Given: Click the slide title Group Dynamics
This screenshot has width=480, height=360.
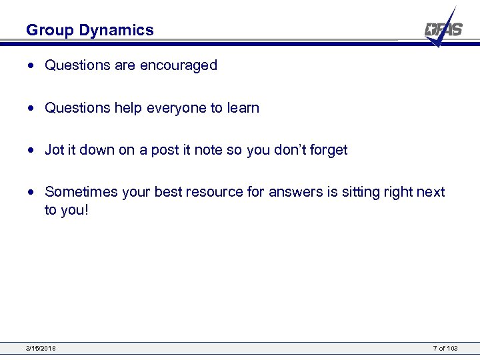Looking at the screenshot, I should tap(89, 30).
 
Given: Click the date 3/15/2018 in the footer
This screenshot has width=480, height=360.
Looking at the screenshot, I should tap(41, 348).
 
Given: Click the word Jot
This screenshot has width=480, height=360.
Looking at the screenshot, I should tap(54, 150).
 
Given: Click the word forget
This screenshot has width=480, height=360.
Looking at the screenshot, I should tap(327, 150).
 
